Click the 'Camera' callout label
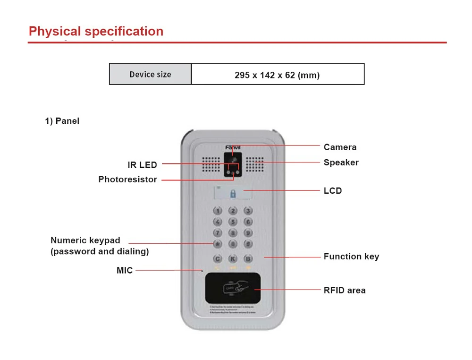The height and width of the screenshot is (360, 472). coord(340,147)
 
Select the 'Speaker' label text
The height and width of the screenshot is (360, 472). coord(341,163)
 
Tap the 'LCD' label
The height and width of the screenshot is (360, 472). coord(332,191)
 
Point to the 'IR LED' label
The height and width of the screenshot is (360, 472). coord(142,165)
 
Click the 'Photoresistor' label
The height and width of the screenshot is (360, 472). coord(127,180)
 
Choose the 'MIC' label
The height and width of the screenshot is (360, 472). coord(125,270)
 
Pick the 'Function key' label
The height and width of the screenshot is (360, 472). coord(351,257)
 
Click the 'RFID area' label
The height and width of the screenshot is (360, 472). coord(345,290)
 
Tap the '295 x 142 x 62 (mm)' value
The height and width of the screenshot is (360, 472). coord(277,75)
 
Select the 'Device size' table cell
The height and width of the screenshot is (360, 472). coord(150,75)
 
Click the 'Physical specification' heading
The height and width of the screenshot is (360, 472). coord(96,31)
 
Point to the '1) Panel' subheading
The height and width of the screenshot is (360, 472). coord(62,121)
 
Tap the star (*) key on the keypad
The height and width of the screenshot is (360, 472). coord(218,244)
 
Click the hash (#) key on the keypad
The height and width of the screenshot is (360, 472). coord(248,244)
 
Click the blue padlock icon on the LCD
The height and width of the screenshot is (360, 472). coord(233,194)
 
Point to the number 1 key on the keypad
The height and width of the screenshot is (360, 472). coord(218,211)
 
